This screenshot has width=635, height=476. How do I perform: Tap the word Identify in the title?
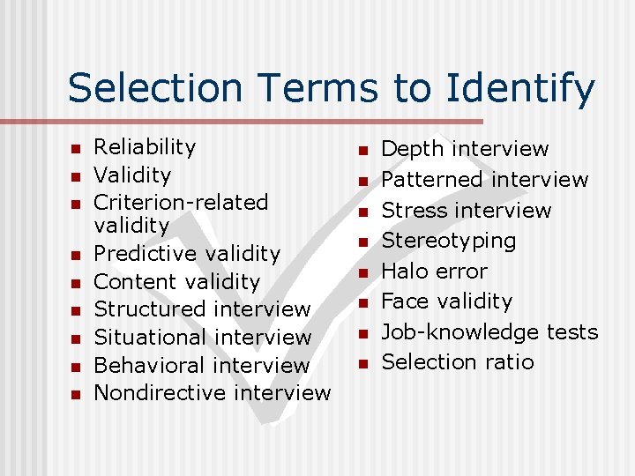520,88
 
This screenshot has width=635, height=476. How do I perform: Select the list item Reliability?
145,147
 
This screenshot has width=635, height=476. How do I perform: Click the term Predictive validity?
187,254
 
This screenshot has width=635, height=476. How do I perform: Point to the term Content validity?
176,282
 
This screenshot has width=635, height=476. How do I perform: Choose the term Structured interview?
202,309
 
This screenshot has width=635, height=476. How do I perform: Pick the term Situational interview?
202,338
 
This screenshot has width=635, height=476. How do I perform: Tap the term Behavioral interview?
201,365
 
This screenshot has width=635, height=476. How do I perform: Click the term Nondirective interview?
212,392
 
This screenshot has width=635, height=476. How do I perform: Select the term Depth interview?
465,149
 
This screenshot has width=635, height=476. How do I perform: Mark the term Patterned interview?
484,180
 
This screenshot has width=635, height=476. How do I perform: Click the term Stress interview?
466,210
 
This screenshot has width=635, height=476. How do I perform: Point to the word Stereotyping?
449,241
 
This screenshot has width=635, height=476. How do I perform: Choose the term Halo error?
434,271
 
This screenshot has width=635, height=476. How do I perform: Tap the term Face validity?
446,301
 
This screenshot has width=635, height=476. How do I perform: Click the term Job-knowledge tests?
489,331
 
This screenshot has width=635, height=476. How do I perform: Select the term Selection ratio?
457,361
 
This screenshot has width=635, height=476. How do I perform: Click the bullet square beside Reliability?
76,148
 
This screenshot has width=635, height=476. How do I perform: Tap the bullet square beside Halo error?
362,272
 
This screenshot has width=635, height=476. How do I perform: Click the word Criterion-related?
181,202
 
